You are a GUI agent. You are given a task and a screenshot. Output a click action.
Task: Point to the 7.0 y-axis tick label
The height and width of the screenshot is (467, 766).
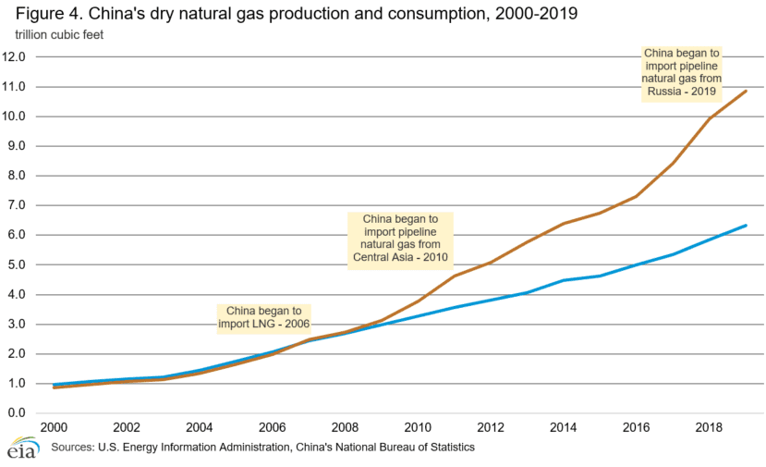pyautogui.click(x=25, y=205)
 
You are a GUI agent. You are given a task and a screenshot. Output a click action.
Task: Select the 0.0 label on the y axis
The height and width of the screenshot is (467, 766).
pyautogui.click(x=25, y=413)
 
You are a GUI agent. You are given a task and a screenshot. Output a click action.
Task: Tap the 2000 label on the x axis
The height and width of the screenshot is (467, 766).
pyautogui.click(x=53, y=428)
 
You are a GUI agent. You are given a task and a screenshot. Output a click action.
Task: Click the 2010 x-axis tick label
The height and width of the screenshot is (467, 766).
pyautogui.click(x=417, y=428)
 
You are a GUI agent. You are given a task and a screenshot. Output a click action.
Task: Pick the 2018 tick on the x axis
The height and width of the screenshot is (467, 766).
pyautogui.click(x=709, y=428)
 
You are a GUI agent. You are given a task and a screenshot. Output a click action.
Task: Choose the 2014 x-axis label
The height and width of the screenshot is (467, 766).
pyautogui.click(x=563, y=428)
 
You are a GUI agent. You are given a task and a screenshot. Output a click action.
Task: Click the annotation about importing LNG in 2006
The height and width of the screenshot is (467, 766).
pyautogui.click(x=263, y=317)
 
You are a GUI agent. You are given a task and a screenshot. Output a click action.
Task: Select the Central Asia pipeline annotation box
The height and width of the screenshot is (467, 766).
pyautogui.click(x=401, y=238)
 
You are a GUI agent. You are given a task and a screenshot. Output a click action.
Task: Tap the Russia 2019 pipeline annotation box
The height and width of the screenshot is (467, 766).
pyautogui.click(x=681, y=74)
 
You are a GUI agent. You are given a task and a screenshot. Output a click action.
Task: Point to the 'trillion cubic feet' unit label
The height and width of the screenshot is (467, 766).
pyautogui.click(x=59, y=35)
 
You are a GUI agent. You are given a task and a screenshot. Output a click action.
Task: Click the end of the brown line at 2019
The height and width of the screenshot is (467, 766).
pyautogui.click(x=746, y=92)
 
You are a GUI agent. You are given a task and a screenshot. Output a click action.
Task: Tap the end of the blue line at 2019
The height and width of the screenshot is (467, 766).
pyautogui.click(x=746, y=226)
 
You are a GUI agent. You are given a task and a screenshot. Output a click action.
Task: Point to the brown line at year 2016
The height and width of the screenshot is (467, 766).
pyautogui.click(x=636, y=196)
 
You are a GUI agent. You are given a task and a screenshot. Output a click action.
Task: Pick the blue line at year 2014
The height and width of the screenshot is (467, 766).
pyautogui.click(x=563, y=280)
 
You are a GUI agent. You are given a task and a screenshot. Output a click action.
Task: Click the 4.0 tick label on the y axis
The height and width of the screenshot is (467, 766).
pyautogui.click(x=25, y=295)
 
